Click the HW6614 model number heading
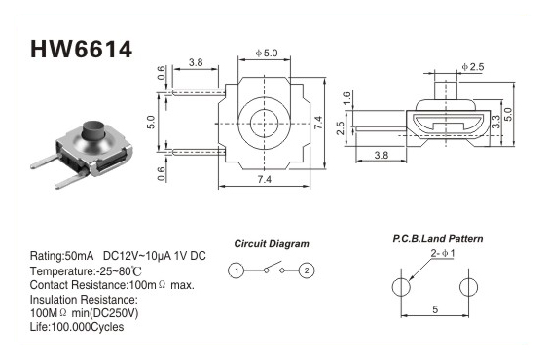82,49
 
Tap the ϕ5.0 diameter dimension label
267,53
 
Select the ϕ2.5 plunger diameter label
473,66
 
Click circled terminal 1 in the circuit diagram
237,270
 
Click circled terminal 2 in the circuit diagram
307,270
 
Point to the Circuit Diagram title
272,244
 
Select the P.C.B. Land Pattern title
438,239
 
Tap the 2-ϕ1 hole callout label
443,253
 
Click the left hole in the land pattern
401,287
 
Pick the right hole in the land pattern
468,287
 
